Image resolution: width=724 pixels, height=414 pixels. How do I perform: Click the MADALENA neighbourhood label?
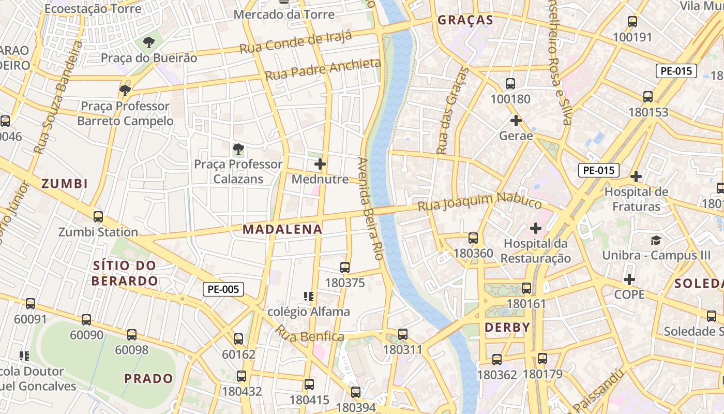tap(282, 229)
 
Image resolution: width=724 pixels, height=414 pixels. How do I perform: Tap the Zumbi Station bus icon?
tap(98, 217)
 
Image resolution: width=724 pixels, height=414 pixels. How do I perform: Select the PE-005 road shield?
tap(223, 289)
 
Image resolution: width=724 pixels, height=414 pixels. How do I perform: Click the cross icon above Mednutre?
tap(320, 165)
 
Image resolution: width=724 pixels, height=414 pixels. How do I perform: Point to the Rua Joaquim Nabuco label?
tap(479, 201)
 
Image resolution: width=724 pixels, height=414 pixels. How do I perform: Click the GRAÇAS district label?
tap(465, 20)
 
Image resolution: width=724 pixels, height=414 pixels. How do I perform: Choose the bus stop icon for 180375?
tap(345, 268)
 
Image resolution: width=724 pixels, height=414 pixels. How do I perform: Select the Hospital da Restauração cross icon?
tap(536, 228)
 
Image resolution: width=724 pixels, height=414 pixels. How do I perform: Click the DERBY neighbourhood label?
tap(507, 328)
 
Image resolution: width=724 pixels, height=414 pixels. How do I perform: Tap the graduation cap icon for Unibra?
tap(656, 240)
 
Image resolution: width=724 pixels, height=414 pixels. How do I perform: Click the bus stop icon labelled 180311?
tap(403, 334)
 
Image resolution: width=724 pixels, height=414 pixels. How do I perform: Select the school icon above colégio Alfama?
tap(309, 297)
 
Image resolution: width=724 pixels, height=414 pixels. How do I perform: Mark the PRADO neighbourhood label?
tap(149, 378)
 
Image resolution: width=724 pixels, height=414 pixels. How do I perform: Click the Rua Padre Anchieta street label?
tap(323, 70)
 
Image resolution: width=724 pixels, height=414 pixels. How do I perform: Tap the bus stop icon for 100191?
tap(632, 22)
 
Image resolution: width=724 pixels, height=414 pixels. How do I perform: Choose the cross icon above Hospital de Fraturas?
tap(636, 176)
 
